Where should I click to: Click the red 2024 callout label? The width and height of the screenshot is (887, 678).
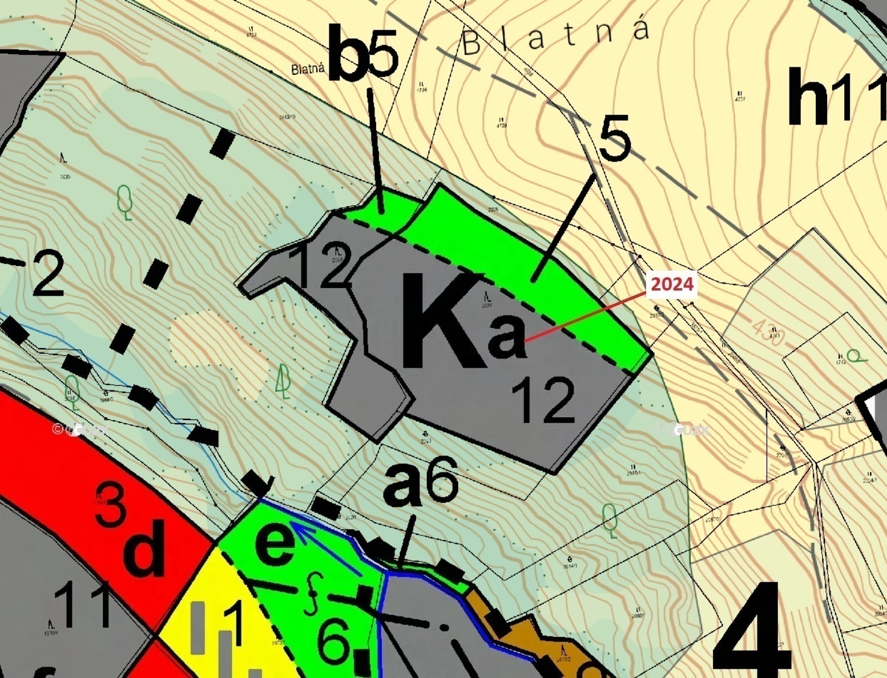point(672,284)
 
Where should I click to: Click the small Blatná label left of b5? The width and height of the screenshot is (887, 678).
point(308,69)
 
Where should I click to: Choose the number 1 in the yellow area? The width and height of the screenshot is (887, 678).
point(233,621)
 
